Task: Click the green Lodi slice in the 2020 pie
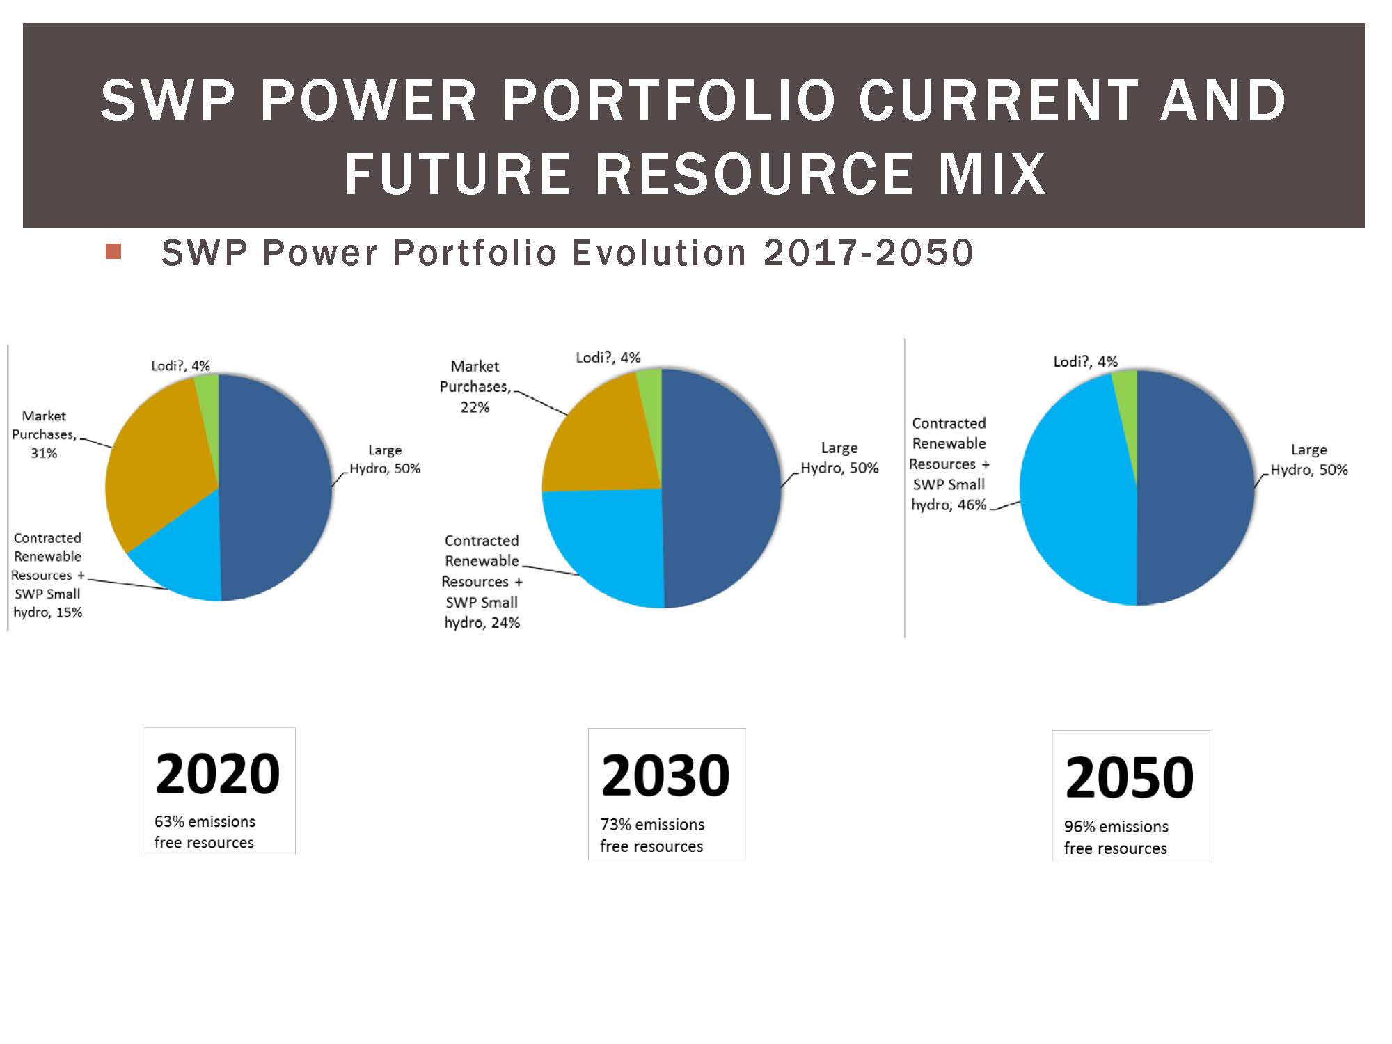(x=208, y=404)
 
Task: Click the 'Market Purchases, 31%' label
(x=44, y=434)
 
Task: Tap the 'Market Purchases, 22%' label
(x=475, y=386)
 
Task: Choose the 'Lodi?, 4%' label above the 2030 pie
(x=608, y=358)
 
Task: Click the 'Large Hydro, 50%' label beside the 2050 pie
(x=1309, y=459)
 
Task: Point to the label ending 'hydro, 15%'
(x=47, y=575)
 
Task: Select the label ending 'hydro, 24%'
(x=482, y=581)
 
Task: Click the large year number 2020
(x=218, y=774)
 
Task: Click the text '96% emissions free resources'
(x=1116, y=837)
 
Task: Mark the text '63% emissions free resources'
(x=205, y=832)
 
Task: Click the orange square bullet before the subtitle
(x=113, y=251)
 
